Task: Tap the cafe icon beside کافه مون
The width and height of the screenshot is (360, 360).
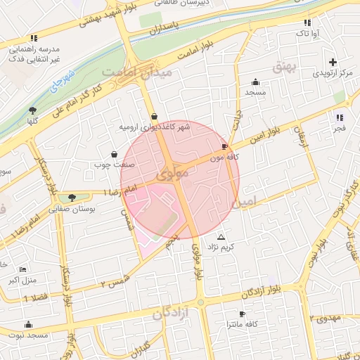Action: click(224, 147)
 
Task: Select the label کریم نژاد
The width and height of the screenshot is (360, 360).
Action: click(222, 247)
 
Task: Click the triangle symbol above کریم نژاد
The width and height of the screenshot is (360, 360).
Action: click(221, 237)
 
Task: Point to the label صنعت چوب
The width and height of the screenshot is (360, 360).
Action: click(108, 165)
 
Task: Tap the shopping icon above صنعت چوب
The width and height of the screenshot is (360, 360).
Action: click(114, 154)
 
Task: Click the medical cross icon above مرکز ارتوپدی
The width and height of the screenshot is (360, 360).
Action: click(333, 61)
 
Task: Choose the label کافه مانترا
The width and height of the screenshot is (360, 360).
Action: click(240, 324)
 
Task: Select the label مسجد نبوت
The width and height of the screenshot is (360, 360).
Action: click(28, 335)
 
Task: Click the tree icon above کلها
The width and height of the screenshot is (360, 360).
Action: click(32, 110)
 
